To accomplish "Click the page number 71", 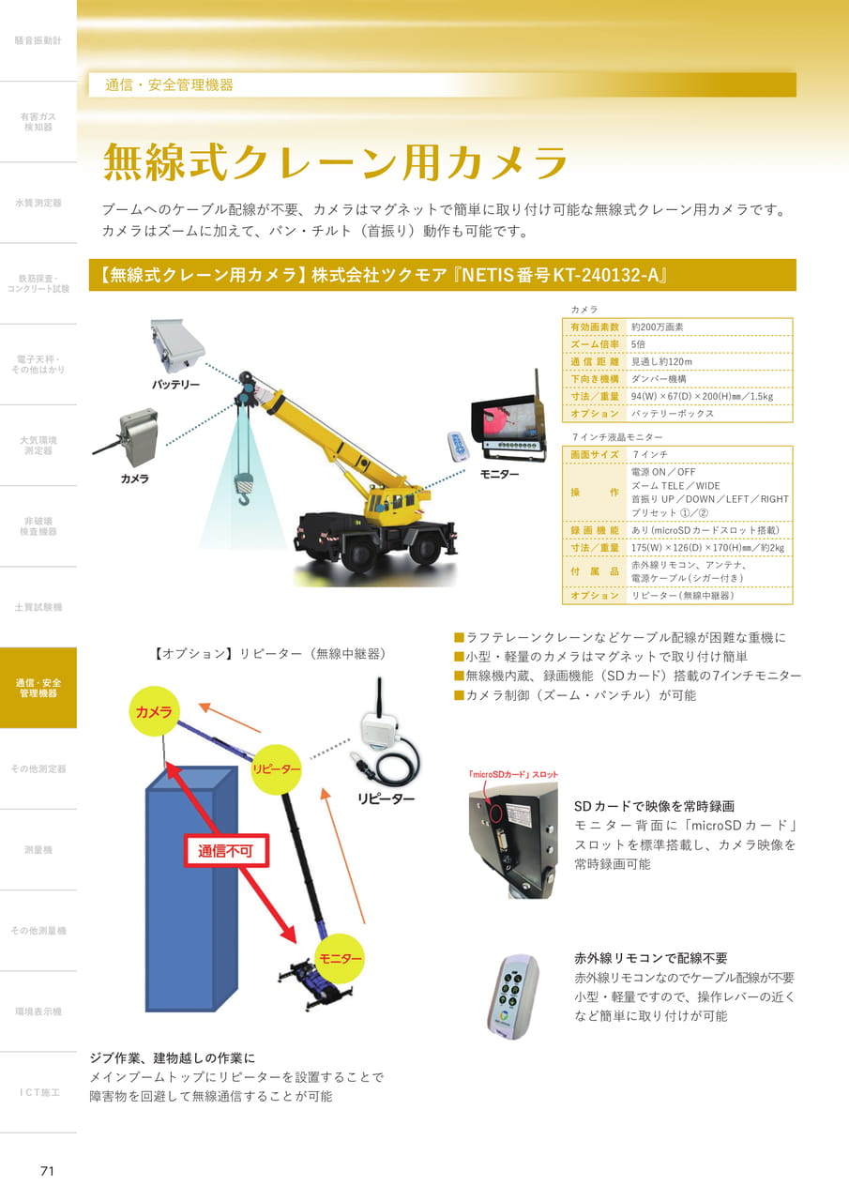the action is tap(47, 1170).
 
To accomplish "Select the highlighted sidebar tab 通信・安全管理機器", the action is tap(38, 688).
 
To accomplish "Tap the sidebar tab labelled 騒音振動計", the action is tap(38, 40).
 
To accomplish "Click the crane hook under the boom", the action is tap(242, 490).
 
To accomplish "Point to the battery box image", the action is tap(177, 344).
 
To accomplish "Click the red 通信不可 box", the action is tap(226, 851).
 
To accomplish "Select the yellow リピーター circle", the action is tap(277, 768).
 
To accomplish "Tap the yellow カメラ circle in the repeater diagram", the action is tap(154, 711).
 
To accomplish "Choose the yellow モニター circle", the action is tap(340, 958).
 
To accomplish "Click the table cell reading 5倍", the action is tap(638, 344).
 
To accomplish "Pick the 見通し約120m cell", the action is tap(661, 361).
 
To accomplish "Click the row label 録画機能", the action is tap(595, 530).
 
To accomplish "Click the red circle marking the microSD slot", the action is tap(495, 812).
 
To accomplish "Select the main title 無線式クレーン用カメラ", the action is tap(335, 161).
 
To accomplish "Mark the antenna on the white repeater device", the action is tap(380, 697).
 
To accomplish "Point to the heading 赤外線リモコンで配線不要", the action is tap(651, 958).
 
